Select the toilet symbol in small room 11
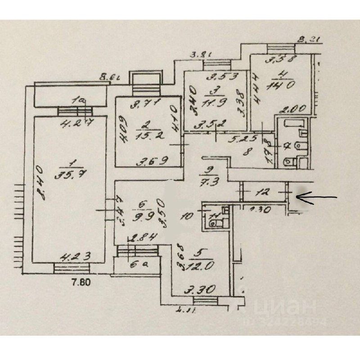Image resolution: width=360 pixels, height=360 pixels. (x=211, y=220)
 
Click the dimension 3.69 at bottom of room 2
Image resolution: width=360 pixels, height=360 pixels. (x=148, y=159)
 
